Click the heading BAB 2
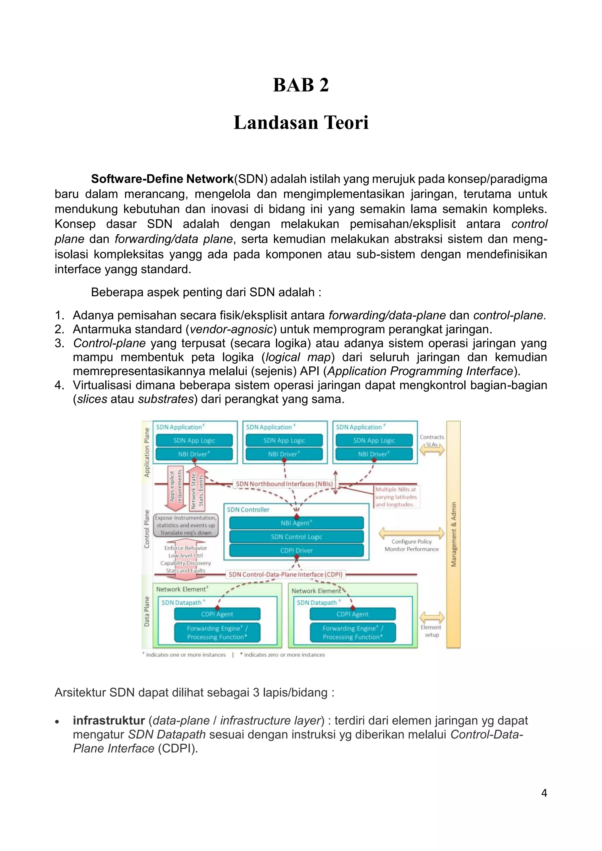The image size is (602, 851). tap(301, 85)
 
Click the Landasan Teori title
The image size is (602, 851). tap(301, 123)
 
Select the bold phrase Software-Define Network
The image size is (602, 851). tap(162, 179)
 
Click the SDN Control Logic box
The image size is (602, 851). tap(296, 537)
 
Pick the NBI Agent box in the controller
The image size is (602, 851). tap(296, 523)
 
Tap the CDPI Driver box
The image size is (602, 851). tap(296, 550)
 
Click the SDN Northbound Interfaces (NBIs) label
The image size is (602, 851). tap(284, 484)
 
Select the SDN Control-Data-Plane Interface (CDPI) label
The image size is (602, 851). tap(285, 574)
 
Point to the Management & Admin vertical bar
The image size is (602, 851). tap(453, 535)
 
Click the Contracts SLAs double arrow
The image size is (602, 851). tap(432, 450)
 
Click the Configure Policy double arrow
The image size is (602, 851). tap(412, 533)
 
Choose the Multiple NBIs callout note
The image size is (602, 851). tap(396, 497)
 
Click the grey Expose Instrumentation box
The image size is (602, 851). tap(186, 525)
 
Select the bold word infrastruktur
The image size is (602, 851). tap(108, 720)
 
